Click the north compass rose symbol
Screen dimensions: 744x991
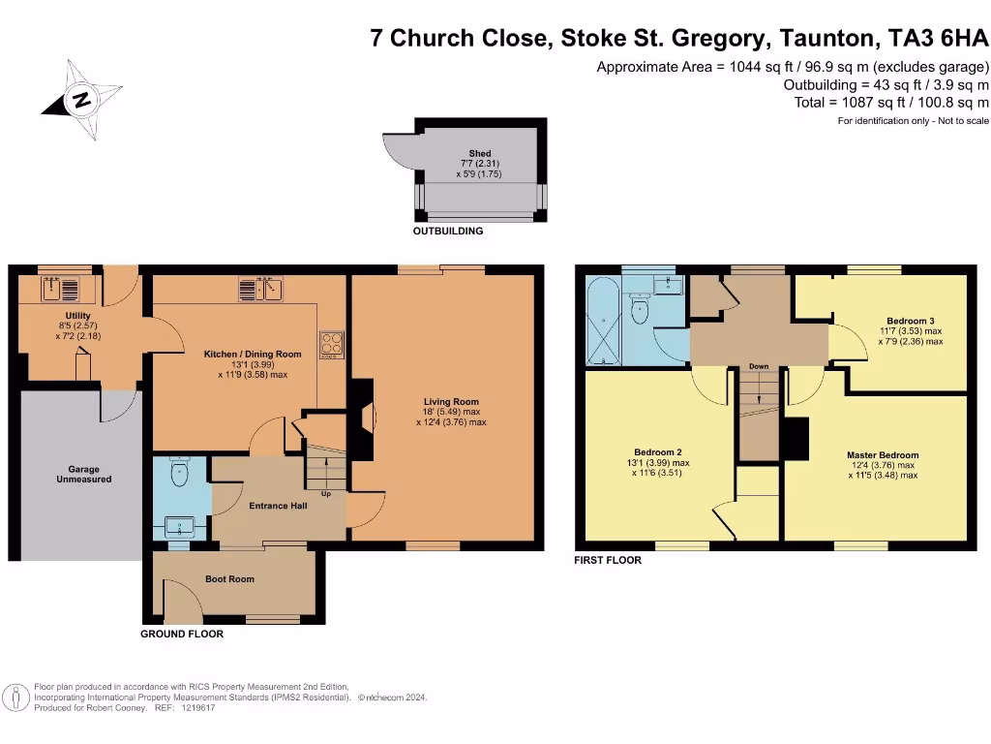pos(82,99)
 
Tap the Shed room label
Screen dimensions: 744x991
pos(479,153)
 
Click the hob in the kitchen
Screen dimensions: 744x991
pos(332,345)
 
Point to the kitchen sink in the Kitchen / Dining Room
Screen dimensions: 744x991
pos(258,289)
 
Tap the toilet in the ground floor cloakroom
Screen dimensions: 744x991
pos(179,473)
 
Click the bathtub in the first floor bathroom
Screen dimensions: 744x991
pos(599,321)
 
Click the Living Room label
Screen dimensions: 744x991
pos(451,401)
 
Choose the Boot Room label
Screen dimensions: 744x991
pos(229,579)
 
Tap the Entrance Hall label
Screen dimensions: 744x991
pos(278,506)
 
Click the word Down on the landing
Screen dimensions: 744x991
pos(759,367)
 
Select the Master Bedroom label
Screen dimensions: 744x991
pos(883,454)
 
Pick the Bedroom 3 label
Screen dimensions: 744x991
pos(910,321)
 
